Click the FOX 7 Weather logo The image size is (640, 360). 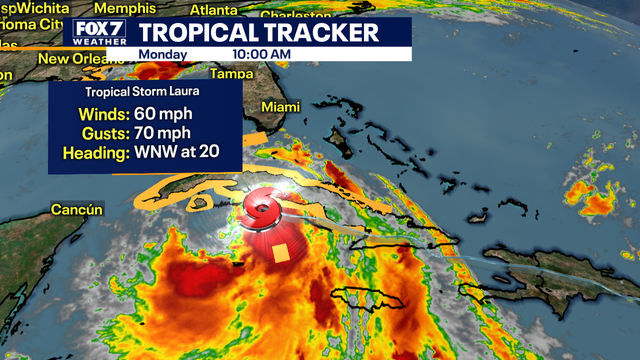pyautogui.click(x=98, y=31)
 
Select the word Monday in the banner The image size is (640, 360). pyautogui.click(x=161, y=53)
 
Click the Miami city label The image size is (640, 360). pyautogui.click(x=281, y=107)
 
